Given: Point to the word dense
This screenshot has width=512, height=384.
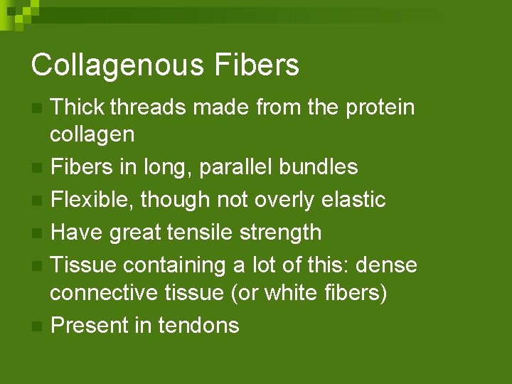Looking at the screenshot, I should (x=387, y=265).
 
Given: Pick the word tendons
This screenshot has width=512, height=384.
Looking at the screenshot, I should (x=198, y=326).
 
